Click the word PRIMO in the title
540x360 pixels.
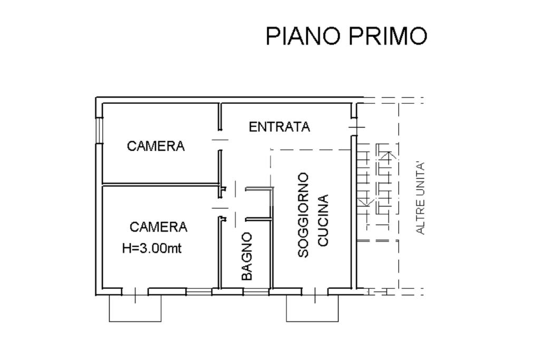389,35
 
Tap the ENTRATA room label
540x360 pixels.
279,127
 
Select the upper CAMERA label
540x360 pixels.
156,146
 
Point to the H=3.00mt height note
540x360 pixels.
152,248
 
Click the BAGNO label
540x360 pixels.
247,256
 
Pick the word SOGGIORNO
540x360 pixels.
303,215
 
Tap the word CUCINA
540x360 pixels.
323,221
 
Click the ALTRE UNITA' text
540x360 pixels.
420,198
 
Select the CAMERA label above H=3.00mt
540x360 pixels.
158,227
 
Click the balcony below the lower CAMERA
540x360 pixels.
135,308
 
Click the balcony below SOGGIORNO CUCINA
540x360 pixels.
312,308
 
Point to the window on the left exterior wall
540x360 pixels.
99,130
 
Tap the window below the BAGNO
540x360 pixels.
256,292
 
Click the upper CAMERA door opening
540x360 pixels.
220,140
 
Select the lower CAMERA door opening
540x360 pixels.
220,208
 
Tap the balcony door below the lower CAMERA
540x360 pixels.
135,292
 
